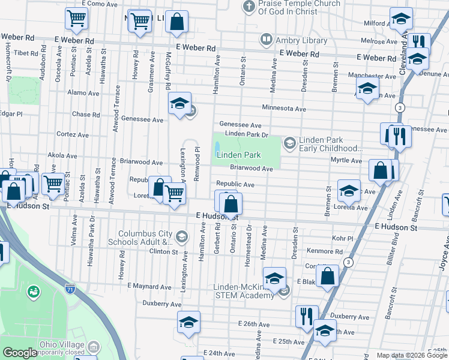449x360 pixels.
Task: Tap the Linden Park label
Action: tap(238, 155)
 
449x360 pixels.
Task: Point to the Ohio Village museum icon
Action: tap(94, 347)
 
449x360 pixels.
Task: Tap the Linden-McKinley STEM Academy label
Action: tap(244, 291)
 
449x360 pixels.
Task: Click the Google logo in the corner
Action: tap(20, 353)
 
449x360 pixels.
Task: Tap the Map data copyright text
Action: tap(411, 355)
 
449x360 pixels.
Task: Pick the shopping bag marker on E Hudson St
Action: tap(231, 206)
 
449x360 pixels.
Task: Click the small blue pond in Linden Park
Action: tap(216, 146)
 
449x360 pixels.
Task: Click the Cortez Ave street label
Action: tap(72, 134)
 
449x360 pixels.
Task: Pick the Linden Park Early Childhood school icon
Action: tap(290, 142)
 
